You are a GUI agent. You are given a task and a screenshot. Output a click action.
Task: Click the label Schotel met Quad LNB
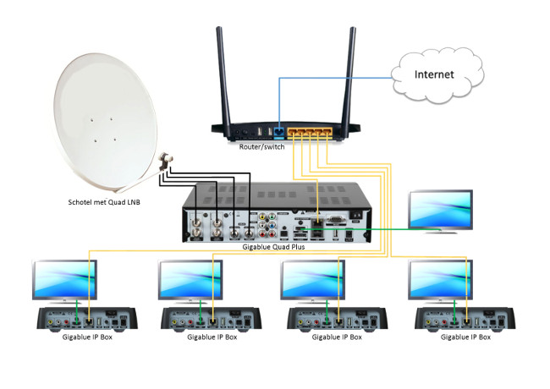click(107, 203)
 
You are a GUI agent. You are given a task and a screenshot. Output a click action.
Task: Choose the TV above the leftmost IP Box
click(65, 278)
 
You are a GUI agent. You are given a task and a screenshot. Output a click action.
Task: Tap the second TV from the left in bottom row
click(191, 278)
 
